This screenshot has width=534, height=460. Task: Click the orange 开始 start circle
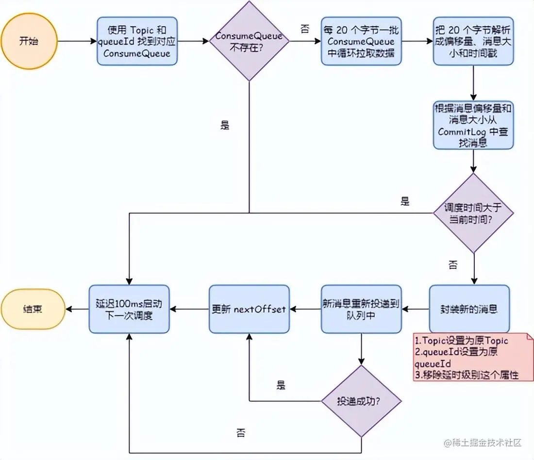coord(29,41)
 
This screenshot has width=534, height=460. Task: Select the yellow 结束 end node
coord(33,309)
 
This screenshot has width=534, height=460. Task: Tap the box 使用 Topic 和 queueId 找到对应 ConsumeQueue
coord(137,41)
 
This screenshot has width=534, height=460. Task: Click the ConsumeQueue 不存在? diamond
coord(249,41)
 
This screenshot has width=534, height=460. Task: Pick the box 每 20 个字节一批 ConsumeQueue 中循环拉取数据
coord(361,41)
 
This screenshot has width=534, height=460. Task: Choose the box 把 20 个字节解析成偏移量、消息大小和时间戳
coord(473,41)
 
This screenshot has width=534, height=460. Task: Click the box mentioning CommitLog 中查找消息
coord(473,125)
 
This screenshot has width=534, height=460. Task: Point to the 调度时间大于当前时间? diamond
coord(473,213)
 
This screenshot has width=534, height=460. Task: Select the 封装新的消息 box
coord(469,309)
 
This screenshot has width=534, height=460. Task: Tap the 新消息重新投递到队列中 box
coord(361,309)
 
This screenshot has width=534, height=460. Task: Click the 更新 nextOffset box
coord(249,309)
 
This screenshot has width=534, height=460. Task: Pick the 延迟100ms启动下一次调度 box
coord(129,309)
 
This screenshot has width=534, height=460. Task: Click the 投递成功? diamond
coord(361,401)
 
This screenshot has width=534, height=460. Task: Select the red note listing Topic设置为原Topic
coord(473,357)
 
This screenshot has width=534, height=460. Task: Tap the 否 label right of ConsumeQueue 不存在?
coord(305,29)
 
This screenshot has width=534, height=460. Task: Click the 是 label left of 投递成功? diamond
coord(281,385)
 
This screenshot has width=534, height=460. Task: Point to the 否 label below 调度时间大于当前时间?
coord(453,264)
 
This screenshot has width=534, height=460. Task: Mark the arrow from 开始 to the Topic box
coord(77,41)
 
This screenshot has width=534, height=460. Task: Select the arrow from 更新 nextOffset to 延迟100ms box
coord(189,309)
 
